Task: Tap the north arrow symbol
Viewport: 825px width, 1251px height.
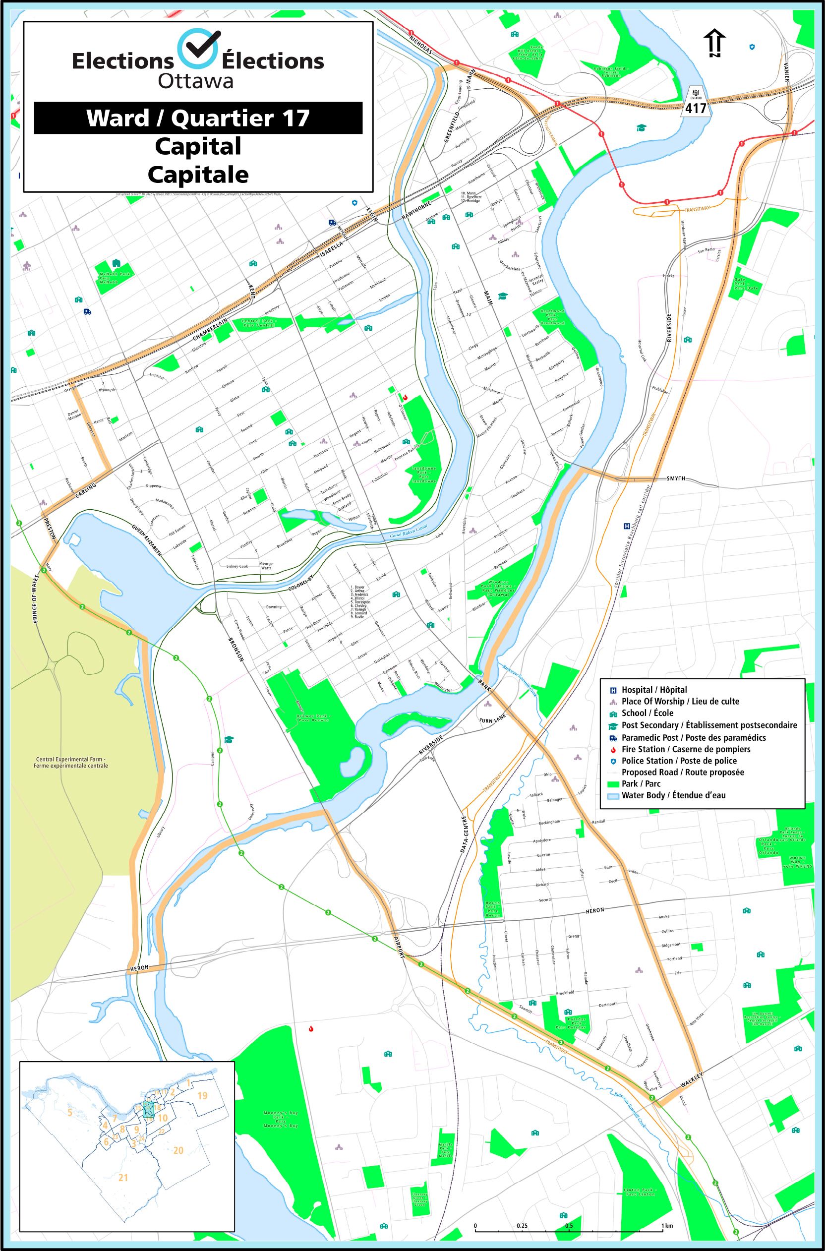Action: tap(714, 43)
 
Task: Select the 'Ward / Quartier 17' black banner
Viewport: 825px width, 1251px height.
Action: tap(198, 118)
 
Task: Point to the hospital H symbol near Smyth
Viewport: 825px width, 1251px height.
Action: tap(627, 526)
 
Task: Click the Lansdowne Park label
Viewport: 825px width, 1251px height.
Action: tap(423, 475)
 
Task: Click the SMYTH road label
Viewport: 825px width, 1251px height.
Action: tap(676, 478)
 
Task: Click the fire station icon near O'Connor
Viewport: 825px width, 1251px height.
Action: tap(405, 398)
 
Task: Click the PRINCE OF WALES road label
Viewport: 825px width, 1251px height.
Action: tap(36, 600)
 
